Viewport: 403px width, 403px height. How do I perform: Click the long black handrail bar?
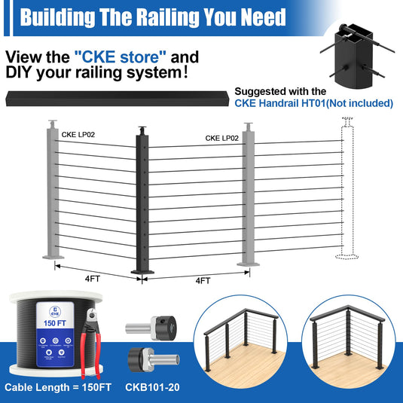[x=118, y=99]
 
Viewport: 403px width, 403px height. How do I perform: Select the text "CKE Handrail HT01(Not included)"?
[x=314, y=103]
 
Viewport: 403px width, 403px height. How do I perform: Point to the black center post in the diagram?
[x=142, y=200]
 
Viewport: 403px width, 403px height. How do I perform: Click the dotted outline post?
[x=347, y=188]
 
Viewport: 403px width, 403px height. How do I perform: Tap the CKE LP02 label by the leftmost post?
[x=78, y=135]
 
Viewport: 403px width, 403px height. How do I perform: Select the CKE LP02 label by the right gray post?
[x=221, y=139]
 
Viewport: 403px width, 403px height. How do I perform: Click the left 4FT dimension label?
[x=93, y=279]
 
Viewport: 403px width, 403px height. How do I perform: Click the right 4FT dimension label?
[x=203, y=281]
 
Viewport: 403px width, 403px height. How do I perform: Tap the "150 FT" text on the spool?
[x=55, y=323]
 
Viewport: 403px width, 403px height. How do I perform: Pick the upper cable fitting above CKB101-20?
[x=151, y=328]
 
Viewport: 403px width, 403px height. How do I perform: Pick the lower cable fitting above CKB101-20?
[x=154, y=359]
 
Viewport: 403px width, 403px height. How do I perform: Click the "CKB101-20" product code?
[x=152, y=387]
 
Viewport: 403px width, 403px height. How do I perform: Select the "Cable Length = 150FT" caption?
[x=58, y=387]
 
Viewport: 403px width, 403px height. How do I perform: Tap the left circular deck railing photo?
[x=240, y=342]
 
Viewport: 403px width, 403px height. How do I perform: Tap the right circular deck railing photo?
[x=349, y=342]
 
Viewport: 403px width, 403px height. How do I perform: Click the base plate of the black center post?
[x=142, y=272]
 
